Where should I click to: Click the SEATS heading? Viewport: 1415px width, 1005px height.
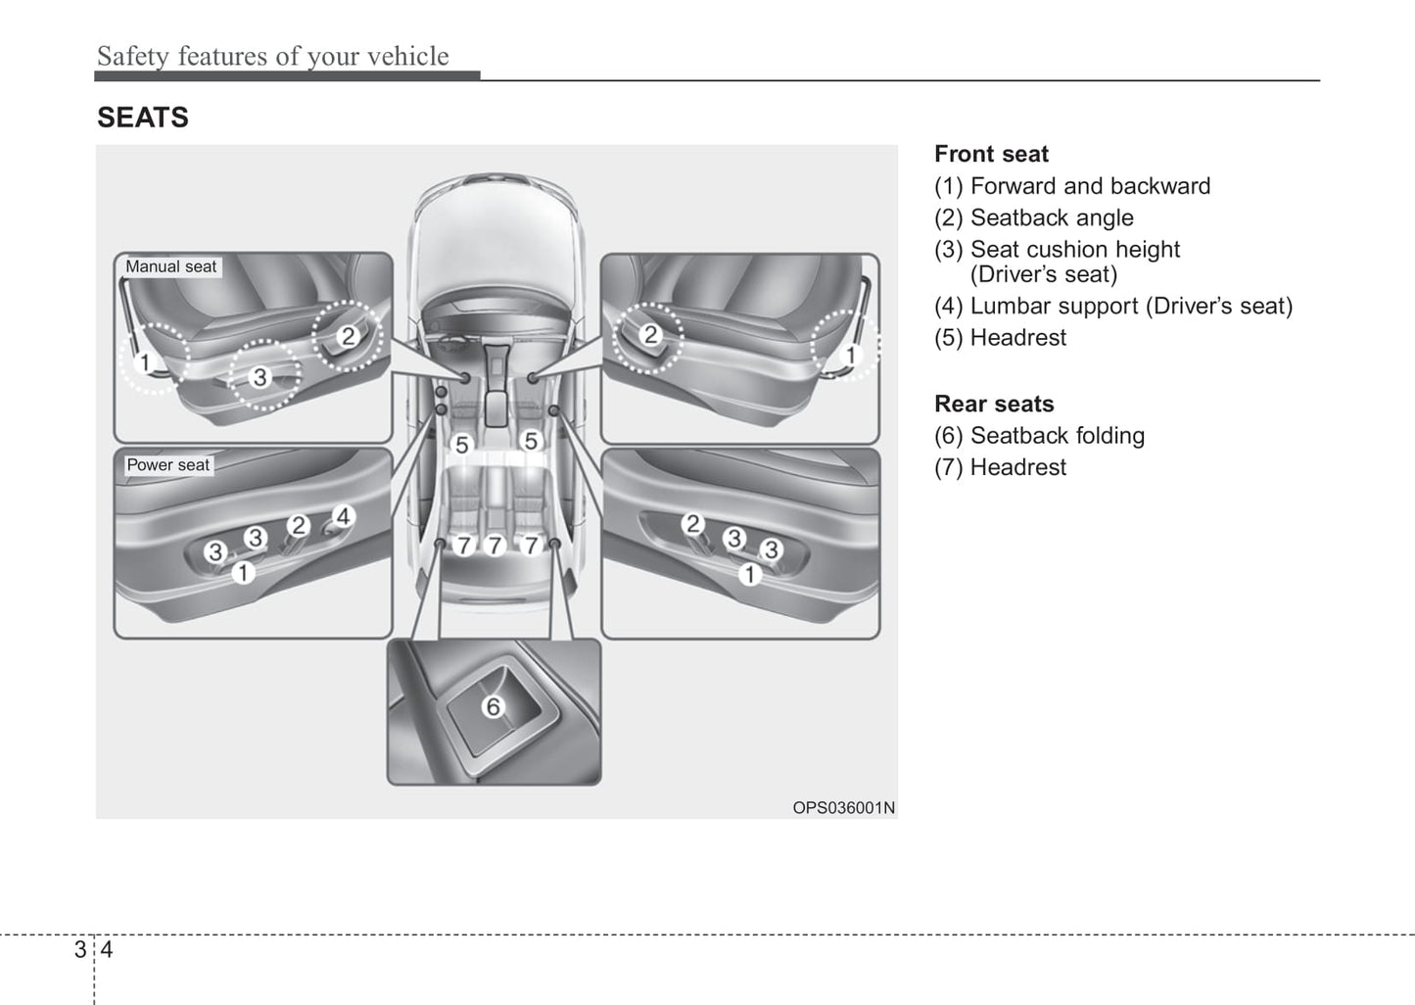(143, 118)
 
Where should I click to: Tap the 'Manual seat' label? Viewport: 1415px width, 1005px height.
(171, 266)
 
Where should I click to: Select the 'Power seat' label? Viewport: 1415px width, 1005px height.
(167, 465)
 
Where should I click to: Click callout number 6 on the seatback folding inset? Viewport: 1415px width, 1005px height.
(494, 706)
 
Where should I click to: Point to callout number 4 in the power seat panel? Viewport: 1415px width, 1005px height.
(343, 516)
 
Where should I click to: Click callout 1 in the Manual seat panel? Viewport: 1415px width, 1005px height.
(146, 363)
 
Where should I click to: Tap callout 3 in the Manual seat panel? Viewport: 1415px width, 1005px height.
(259, 376)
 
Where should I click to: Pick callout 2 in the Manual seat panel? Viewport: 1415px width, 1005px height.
(348, 336)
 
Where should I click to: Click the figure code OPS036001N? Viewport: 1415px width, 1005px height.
(843, 808)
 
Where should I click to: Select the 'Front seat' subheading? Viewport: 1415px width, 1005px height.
(991, 154)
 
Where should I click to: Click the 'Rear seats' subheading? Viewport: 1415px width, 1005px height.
(994, 404)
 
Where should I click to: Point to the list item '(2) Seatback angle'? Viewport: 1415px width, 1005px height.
(1033, 217)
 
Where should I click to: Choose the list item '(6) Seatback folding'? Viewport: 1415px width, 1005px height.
(1039, 436)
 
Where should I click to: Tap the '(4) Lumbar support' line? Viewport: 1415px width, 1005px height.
(1112, 306)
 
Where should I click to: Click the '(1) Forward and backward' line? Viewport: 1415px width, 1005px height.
(1071, 186)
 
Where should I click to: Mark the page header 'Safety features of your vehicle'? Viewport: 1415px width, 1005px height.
(272, 56)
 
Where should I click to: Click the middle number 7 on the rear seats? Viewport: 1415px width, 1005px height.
(495, 546)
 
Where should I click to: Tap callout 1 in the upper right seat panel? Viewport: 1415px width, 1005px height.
(850, 355)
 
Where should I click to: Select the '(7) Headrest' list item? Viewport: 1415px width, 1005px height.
(1000, 467)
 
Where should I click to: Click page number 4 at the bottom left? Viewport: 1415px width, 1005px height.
(107, 949)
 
